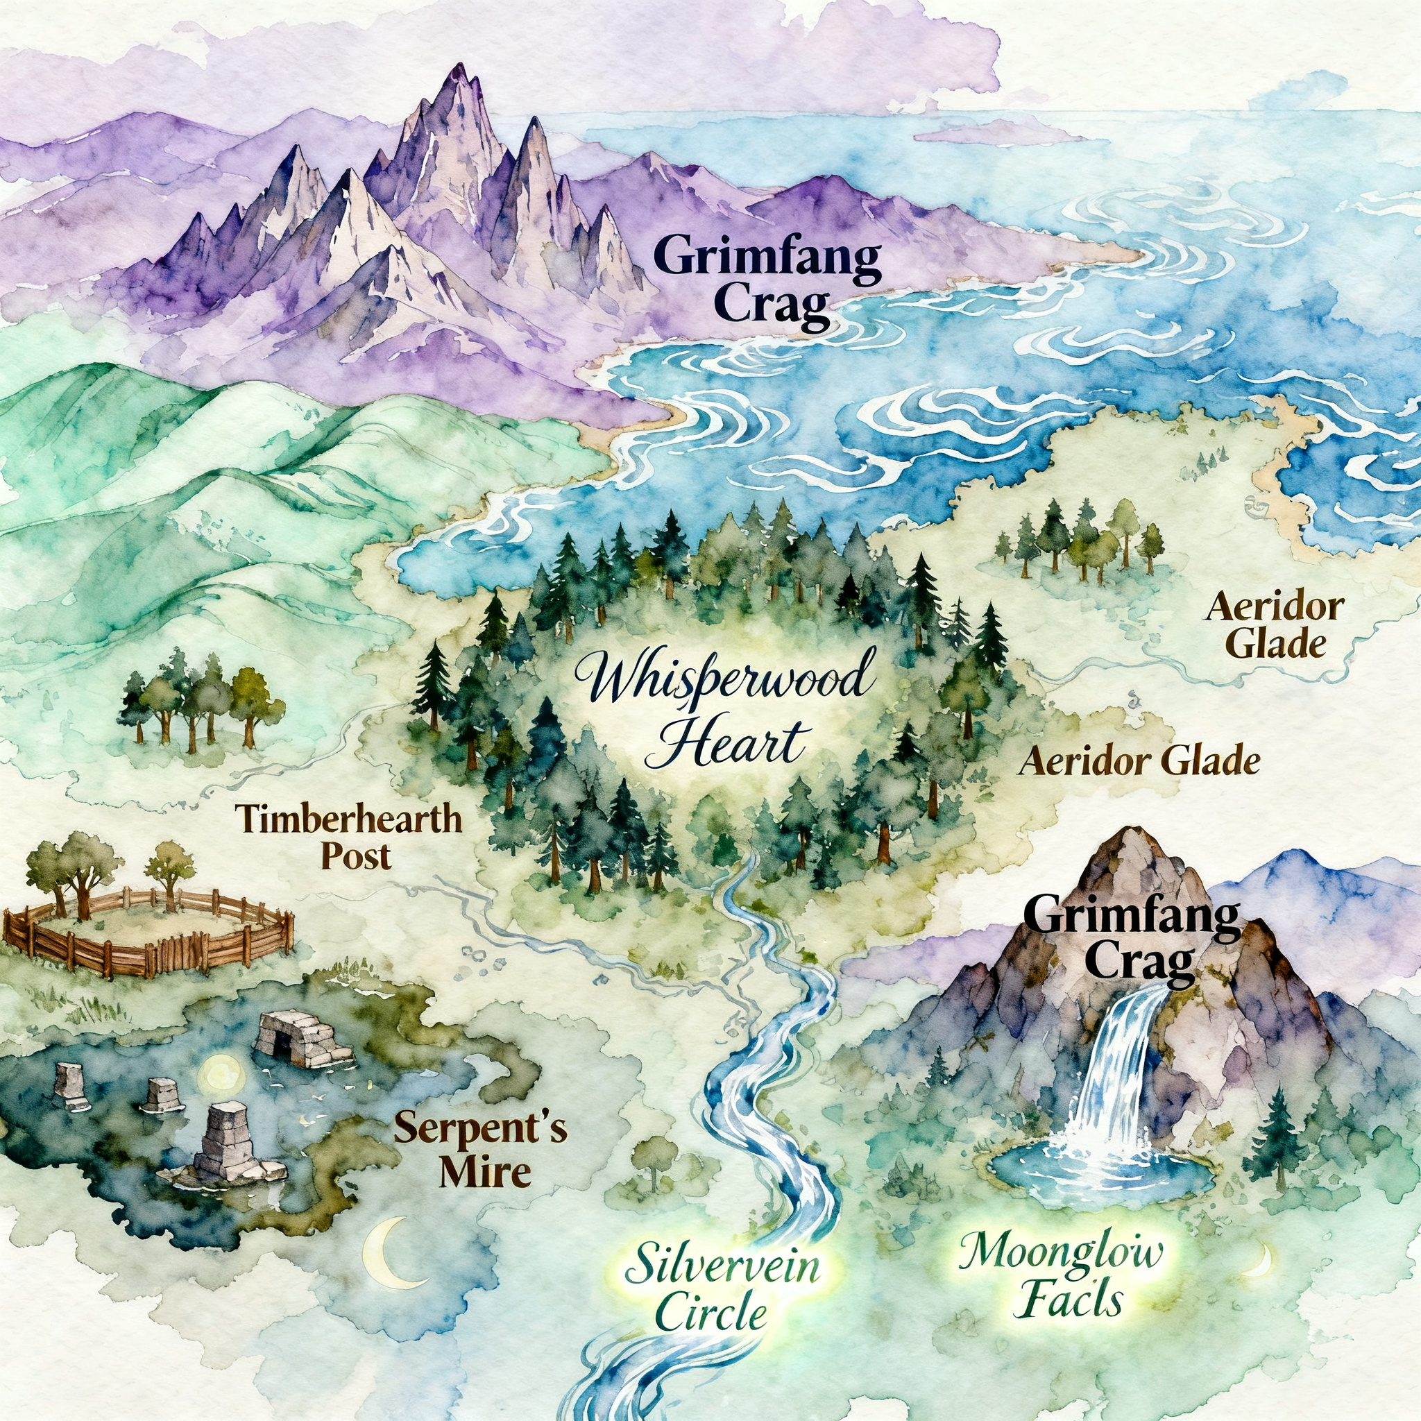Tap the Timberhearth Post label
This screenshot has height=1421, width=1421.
click(348, 836)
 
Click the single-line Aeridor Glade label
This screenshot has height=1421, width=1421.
click(1139, 762)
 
